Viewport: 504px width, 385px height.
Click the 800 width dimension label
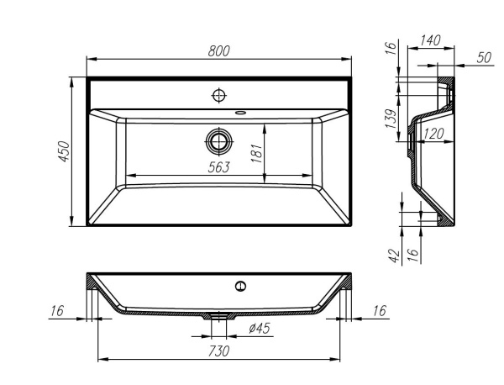(x=218, y=51)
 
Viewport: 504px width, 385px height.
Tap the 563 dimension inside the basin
(x=219, y=166)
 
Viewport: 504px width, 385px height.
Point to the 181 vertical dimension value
(x=257, y=152)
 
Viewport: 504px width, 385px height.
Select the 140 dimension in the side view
(x=431, y=40)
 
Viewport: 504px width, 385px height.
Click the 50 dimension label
(x=484, y=57)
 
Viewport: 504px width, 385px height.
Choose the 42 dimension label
(x=394, y=256)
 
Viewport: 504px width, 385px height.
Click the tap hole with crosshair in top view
(x=218, y=93)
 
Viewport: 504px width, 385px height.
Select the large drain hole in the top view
(x=219, y=139)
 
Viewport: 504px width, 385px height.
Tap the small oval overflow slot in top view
(x=241, y=110)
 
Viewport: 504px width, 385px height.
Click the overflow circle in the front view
(x=241, y=286)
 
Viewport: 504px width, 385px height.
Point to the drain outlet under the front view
(x=220, y=318)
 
